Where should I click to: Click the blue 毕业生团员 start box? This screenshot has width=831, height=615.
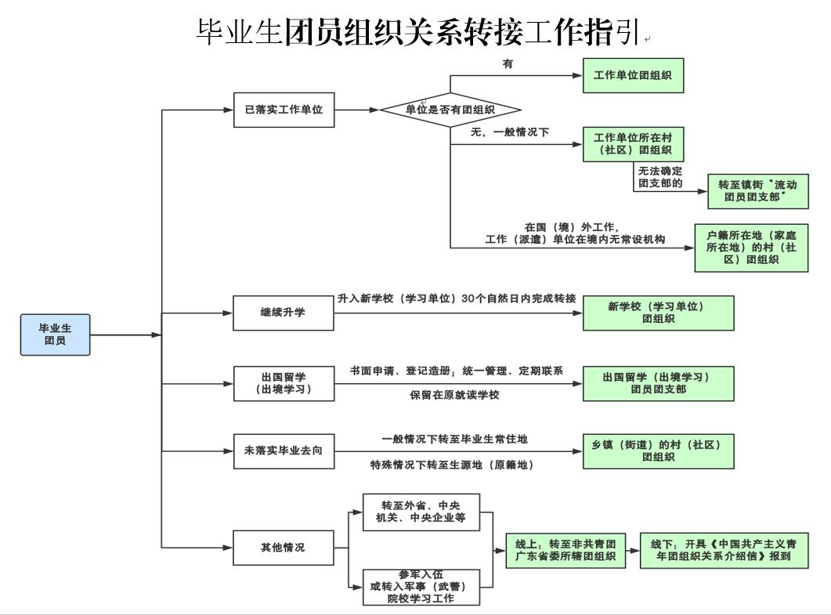click(x=55, y=335)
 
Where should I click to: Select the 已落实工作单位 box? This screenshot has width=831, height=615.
click(x=284, y=110)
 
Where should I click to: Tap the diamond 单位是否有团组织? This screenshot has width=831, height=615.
click(x=450, y=110)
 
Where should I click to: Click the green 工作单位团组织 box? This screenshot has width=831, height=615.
click(x=633, y=76)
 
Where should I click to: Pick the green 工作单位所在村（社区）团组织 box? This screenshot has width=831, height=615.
click(x=633, y=143)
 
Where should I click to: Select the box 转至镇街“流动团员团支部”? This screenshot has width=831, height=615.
click(x=757, y=191)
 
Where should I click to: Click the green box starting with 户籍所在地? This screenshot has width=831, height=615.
click(x=751, y=248)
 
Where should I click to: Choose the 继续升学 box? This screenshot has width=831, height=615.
click(x=284, y=313)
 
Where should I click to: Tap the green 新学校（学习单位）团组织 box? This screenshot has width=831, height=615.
click(x=658, y=313)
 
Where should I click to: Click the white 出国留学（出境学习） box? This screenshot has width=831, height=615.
click(x=284, y=383)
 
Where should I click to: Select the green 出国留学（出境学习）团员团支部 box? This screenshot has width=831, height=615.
click(x=658, y=383)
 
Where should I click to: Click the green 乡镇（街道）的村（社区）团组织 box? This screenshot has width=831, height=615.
click(x=658, y=450)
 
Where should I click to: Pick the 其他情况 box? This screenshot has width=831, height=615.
click(x=284, y=548)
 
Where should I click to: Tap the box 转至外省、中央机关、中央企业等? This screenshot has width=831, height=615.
click(x=421, y=511)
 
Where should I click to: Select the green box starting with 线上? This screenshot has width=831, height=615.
click(x=565, y=551)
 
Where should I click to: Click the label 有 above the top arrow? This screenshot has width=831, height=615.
click(x=508, y=64)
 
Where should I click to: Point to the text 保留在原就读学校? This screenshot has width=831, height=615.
click(x=454, y=395)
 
